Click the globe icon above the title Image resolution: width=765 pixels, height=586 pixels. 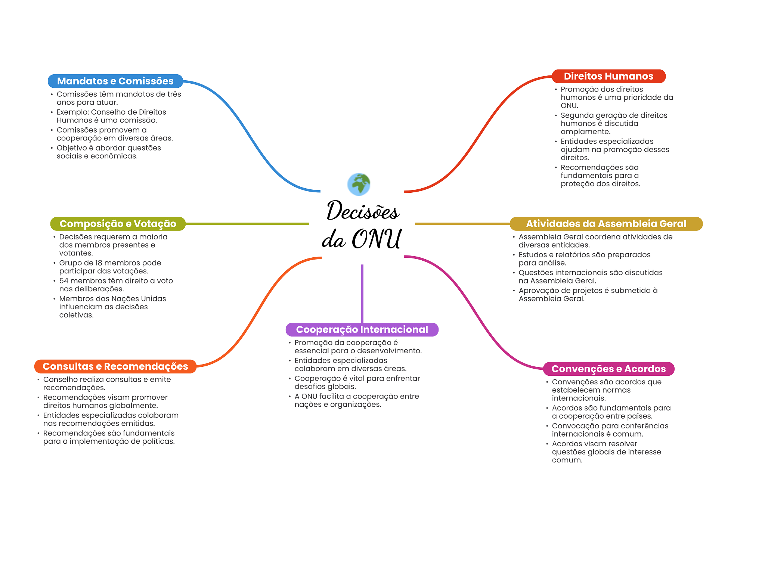[x=359, y=184]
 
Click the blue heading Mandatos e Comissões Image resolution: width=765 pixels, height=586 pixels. [x=115, y=81]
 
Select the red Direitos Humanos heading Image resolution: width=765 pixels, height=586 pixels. [x=608, y=76]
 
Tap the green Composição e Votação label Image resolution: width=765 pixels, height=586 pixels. [x=118, y=224]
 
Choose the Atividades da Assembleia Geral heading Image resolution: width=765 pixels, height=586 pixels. [x=606, y=224]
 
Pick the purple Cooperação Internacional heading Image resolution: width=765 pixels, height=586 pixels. [x=362, y=329]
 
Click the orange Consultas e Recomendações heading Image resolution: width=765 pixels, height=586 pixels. [x=115, y=366]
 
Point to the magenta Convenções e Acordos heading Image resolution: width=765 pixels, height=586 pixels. [x=608, y=369]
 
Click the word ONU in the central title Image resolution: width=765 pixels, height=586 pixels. [x=377, y=239]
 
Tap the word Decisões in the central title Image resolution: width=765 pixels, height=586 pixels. [x=362, y=211]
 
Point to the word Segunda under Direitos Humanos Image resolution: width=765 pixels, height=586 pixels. [x=576, y=115]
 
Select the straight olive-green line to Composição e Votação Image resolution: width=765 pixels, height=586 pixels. [x=247, y=224]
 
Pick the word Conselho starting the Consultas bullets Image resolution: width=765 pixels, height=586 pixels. [x=58, y=379]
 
